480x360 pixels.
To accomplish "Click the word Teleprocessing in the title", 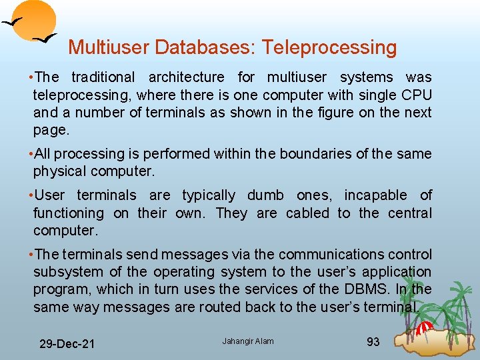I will (x=329, y=47).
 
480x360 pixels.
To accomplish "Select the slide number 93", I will (x=373, y=342).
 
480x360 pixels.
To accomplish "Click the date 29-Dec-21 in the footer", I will (x=67, y=344).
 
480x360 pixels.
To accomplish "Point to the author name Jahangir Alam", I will (x=248, y=342).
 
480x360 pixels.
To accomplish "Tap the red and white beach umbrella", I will (x=424, y=327).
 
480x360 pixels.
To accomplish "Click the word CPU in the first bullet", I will (x=417, y=95).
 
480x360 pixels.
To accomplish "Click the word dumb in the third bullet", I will (x=265, y=195).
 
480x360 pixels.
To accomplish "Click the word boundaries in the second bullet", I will (x=311, y=154).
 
